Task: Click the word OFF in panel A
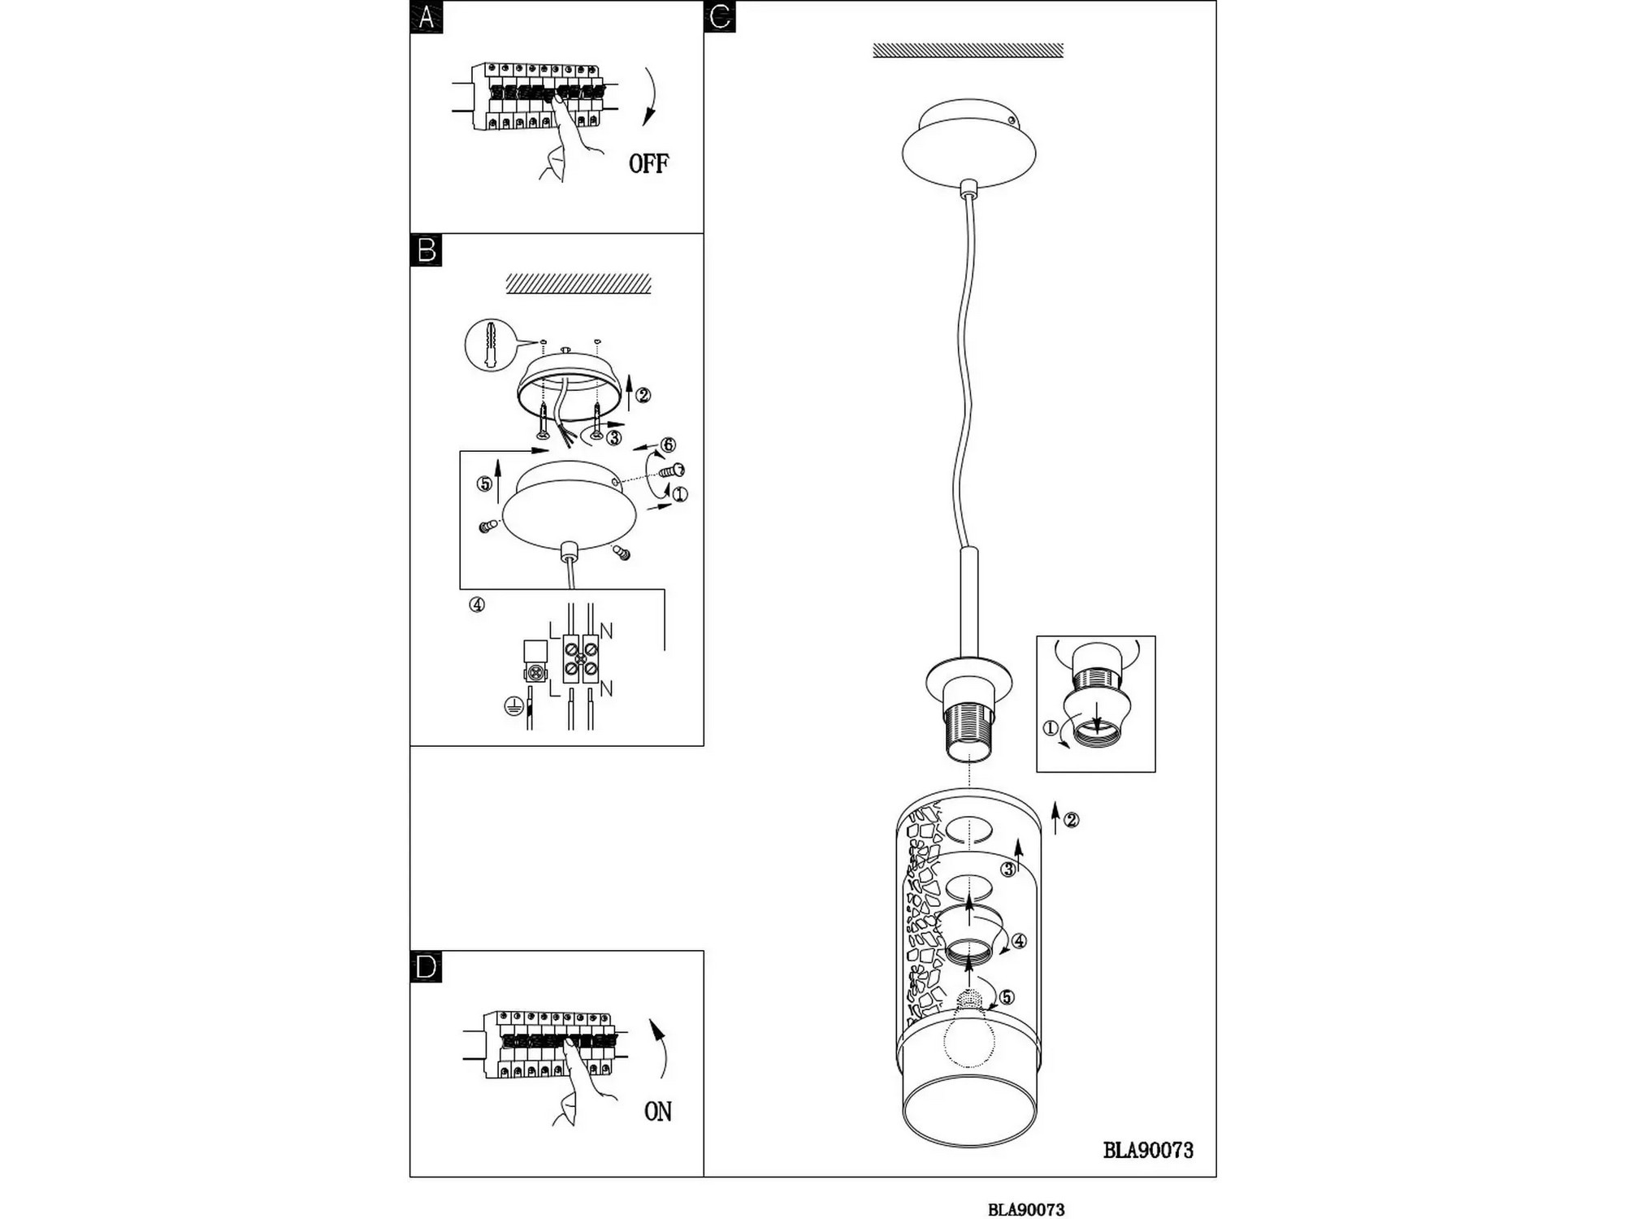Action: click(x=648, y=163)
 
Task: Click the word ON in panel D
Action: click(x=658, y=1111)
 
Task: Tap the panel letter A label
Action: click(x=427, y=16)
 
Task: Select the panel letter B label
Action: click(x=427, y=250)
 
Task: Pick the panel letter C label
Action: click(x=720, y=16)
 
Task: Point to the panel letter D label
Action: click(x=427, y=967)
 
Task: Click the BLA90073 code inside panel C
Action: click(x=1148, y=1150)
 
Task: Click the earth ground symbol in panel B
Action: click(x=513, y=706)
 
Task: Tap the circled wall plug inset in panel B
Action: click(x=491, y=345)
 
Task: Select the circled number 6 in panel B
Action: click(x=668, y=445)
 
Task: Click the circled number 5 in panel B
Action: click(x=484, y=484)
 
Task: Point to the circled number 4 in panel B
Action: click(x=477, y=605)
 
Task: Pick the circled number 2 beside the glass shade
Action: click(x=1072, y=820)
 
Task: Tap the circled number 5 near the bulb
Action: click(x=1007, y=997)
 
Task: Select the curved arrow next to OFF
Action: click(x=652, y=96)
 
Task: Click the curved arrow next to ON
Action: click(x=661, y=1048)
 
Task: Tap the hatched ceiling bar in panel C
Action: click(x=968, y=50)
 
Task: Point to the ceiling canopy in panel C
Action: click(x=969, y=144)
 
